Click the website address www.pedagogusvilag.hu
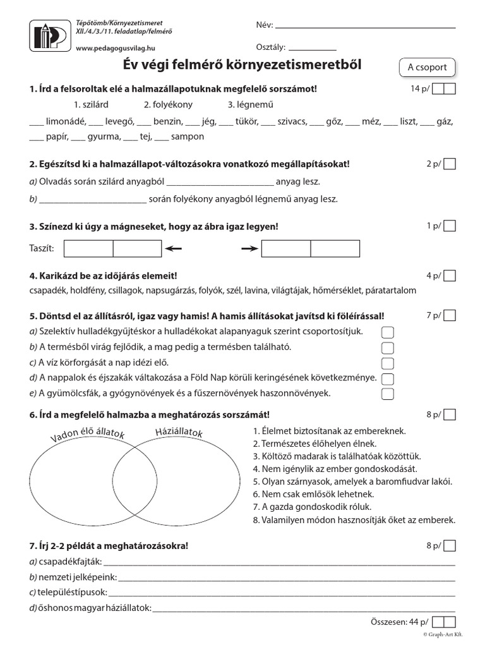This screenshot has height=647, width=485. pos(111,48)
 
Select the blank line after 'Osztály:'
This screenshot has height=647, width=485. pos(313,48)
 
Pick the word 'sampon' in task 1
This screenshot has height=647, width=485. pos(188,136)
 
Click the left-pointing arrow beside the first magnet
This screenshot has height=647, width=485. pos(174,249)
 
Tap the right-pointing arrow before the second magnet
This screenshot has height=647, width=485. pos(250,249)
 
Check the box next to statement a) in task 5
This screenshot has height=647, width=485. pos(388,332)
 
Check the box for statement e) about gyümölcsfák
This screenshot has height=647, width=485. pos(388,394)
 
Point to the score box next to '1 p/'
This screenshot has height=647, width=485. pos(450,226)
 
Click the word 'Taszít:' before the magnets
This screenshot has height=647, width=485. pos(42,249)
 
